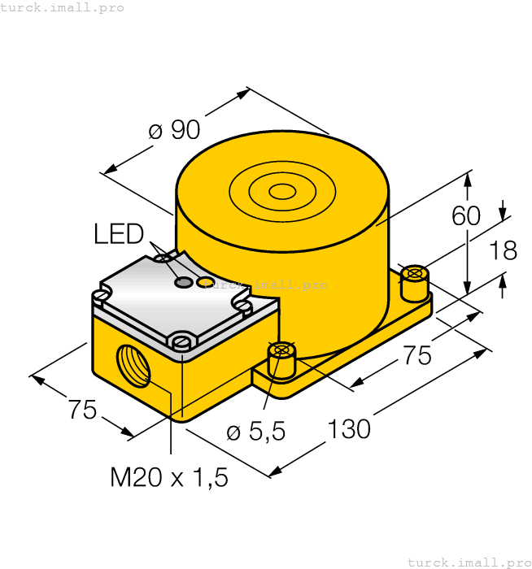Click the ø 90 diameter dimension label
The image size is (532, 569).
(x=174, y=130)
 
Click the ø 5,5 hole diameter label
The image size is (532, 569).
(x=255, y=432)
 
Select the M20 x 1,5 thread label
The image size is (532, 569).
(x=169, y=477)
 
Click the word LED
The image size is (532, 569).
(x=119, y=234)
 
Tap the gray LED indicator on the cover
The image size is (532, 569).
(x=185, y=282)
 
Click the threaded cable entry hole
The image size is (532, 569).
(x=133, y=365)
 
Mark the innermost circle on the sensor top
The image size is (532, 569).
(x=283, y=192)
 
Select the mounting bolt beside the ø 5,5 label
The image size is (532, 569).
(x=281, y=359)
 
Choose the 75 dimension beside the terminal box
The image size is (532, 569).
(x=82, y=410)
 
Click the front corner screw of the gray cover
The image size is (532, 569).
(x=182, y=341)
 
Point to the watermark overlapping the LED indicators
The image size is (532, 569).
(x=268, y=284)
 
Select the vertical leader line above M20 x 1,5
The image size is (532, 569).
(x=171, y=423)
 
